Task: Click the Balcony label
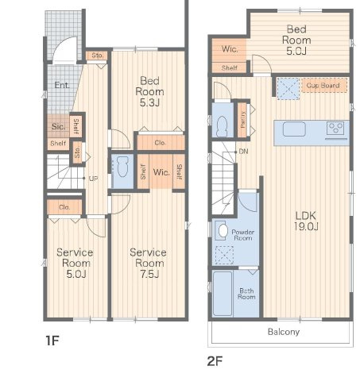click(x=284, y=332)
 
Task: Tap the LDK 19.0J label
click(x=306, y=221)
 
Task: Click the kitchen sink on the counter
click(x=294, y=129)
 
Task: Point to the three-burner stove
click(x=335, y=128)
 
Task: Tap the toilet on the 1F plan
click(x=122, y=167)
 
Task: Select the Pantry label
click(x=243, y=120)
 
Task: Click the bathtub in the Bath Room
click(x=223, y=293)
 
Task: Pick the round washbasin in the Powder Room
click(x=223, y=231)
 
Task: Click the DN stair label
click(x=243, y=152)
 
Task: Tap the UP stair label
click(x=93, y=179)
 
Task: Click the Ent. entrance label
click(x=62, y=85)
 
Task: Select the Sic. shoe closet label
click(x=58, y=126)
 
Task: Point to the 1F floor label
click(x=52, y=341)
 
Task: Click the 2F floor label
click(x=215, y=361)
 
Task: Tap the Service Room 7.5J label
click(x=149, y=263)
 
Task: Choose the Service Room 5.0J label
click(x=75, y=263)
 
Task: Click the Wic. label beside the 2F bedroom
click(x=230, y=49)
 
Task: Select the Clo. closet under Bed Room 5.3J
click(x=161, y=143)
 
